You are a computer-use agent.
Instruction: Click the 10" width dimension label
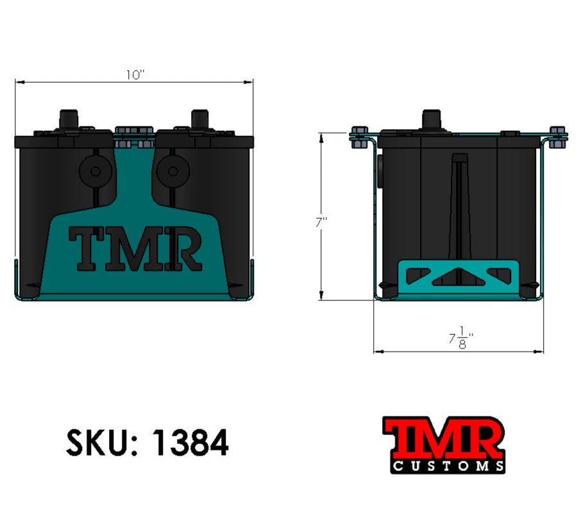click(135, 74)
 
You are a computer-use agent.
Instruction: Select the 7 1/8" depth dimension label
click(460, 338)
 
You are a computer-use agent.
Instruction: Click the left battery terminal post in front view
click(69, 119)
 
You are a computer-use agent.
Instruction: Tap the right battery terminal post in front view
click(201, 119)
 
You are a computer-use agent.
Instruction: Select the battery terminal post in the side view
click(432, 119)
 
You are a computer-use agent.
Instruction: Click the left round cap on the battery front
click(96, 171)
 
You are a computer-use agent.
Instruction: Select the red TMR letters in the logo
click(443, 436)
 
